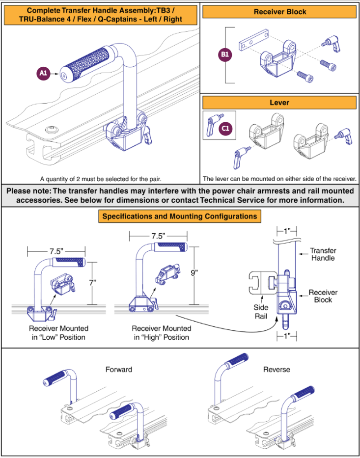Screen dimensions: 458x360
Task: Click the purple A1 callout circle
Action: pyautogui.click(x=43, y=74)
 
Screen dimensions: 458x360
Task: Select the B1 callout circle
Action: pyautogui.click(x=225, y=55)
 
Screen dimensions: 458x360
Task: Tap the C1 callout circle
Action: pyautogui.click(x=225, y=128)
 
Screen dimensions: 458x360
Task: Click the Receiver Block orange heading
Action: pyautogui.click(x=279, y=11)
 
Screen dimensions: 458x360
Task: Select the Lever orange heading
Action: pyautogui.click(x=279, y=103)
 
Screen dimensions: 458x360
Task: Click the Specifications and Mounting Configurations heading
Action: pyautogui.click(x=179, y=216)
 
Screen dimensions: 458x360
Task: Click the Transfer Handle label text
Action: pyautogui.click(x=323, y=254)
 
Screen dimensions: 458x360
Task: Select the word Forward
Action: pyautogui.click(x=119, y=369)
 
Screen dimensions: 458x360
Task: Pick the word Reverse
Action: pyautogui.click(x=277, y=369)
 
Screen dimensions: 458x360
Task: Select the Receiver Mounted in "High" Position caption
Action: pyautogui.click(x=161, y=332)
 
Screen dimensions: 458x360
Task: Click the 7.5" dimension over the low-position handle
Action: pyautogui.click(x=55, y=250)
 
